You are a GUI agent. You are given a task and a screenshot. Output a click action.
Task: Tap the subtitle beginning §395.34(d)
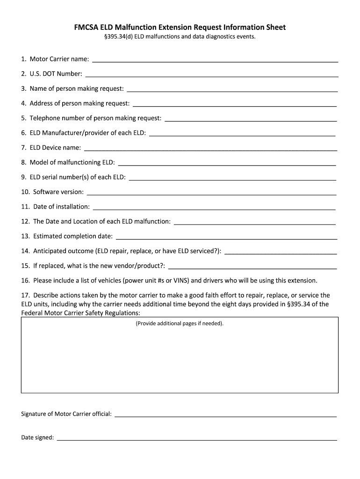point(180,37)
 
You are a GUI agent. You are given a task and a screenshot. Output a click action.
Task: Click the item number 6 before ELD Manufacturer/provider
point(23,133)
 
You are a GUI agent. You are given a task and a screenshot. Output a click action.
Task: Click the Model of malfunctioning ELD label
point(72,162)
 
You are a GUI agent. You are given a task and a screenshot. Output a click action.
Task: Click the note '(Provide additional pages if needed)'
point(180,323)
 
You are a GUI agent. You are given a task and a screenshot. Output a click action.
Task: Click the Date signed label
point(37,438)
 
